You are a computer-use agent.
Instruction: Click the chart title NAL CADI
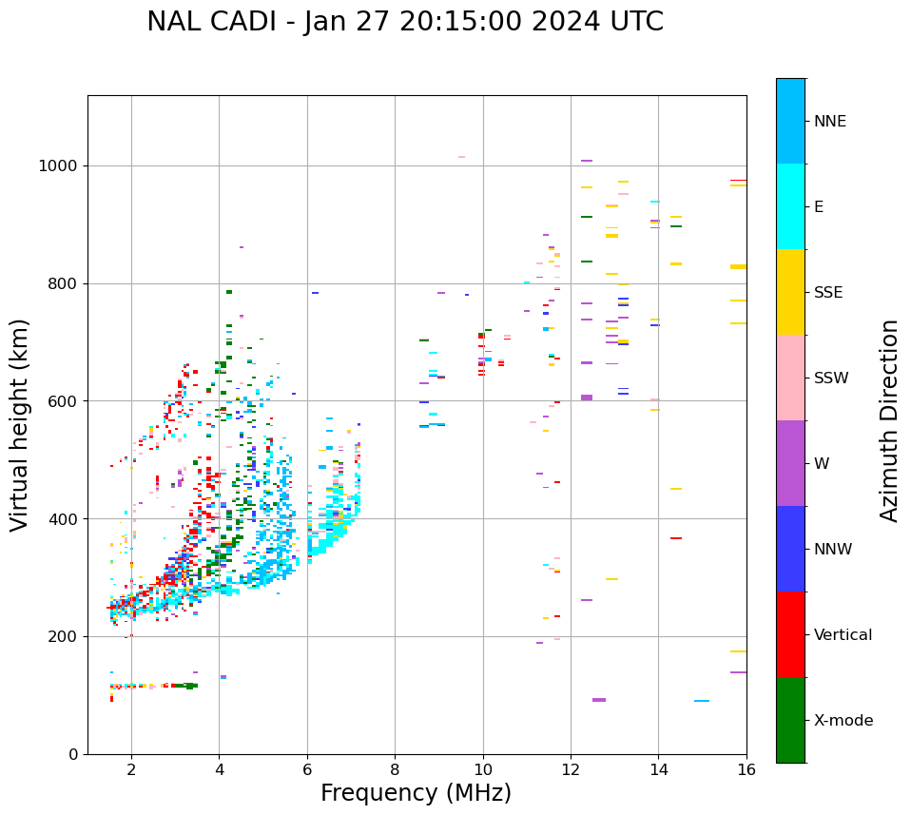pyautogui.click(x=405, y=22)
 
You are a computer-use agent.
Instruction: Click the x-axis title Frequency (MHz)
pyautogui.click(x=416, y=793)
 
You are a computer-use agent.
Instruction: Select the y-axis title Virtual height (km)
pyautogui.click(x=20, y=425)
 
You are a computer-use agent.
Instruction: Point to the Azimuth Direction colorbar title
pyautogui.click(x=889, y=420)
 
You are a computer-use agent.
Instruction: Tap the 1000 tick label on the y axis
pyautogui.click(x=59, y=166)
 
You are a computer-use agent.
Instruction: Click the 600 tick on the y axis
pyautogui.click(x=63, y=401)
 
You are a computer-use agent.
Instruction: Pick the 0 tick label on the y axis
pyautogui.click(x=72, y=754)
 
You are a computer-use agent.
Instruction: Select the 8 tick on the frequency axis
pyautogui.click(x=395, y=769)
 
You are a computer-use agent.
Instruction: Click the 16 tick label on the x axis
pyautogui.click(x=746, y=769)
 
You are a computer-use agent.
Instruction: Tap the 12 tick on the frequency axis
pyautogui.click(x=571, y=769)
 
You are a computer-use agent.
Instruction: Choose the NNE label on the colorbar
pyautogui.click(x=830, y=122)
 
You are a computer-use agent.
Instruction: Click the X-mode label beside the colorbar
pyautogui.click(x=843, y=721)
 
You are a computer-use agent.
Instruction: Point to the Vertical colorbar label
pyautogui.click(x=843, y=635)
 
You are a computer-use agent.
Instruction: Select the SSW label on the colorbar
pyautogui.click(x=831, y=378)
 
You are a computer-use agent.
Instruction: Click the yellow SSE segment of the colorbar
pyautogui.click(x=790, y=292)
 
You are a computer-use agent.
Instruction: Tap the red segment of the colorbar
pyautogui.click(x=790, y=634)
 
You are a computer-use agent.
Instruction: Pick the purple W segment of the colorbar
pyautogui.click(x=790, y=463)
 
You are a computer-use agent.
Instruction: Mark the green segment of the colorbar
pyautogui.click(x=790, y=720)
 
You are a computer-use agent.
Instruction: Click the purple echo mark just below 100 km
pyautogui.click(x=599, y=700)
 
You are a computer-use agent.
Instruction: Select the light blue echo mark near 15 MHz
pyautogui.click(x=702, y=701)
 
